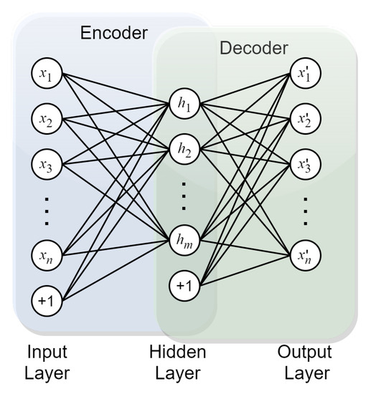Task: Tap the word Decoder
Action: pos(253,49)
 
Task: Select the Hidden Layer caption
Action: pos(177,362)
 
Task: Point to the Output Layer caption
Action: pos(306,362)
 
